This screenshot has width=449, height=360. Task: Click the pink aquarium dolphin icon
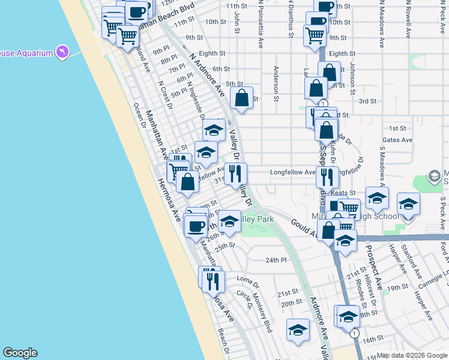[x=62, y=53]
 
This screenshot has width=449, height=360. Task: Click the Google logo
[x=20, y=353]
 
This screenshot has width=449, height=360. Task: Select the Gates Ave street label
[x=397, y=140]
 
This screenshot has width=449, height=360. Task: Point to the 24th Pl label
[x=277, y=260]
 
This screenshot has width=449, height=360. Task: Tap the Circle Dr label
[x=244, y=300]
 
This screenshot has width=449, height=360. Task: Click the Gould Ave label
[x=304, y=227]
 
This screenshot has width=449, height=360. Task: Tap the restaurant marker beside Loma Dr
[x=214, y=280]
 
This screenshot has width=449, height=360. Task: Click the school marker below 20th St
[x=298, y=331]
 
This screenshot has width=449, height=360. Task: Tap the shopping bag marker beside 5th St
[x=241, y=99]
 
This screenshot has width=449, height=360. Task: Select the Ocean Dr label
[x=140, y=116]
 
